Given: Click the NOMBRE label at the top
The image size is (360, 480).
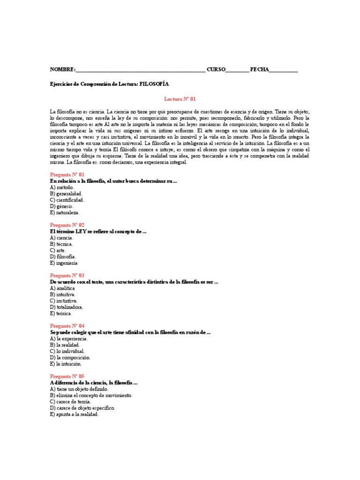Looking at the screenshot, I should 62,69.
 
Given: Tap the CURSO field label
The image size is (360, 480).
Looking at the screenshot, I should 216,69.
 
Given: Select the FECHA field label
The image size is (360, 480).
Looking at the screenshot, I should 259,69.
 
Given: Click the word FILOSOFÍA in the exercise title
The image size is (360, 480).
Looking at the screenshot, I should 154,84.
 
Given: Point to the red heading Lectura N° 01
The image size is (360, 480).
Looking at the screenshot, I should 180,99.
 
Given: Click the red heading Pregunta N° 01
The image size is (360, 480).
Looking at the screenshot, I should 67,174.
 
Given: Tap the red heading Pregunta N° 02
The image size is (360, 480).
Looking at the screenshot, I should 67,225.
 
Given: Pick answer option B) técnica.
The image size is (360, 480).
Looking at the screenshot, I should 61,244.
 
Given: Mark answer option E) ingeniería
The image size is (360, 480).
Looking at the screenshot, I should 64,263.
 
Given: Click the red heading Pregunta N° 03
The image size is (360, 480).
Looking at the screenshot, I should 67,276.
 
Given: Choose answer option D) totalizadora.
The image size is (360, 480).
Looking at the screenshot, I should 67,307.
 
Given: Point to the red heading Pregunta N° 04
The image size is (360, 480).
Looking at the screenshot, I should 67,326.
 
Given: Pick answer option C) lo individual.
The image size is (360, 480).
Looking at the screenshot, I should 67,351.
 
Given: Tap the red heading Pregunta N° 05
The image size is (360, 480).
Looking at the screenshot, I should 67,376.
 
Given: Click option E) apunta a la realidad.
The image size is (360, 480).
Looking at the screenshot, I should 75,414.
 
